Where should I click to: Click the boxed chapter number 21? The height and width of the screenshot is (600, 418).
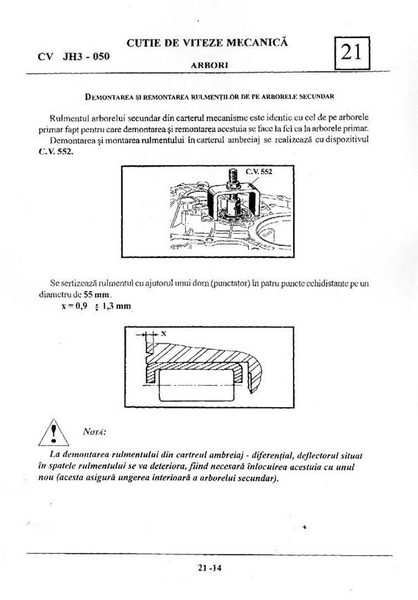[353, 51]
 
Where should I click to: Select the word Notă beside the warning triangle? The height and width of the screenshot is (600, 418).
[94, 432]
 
